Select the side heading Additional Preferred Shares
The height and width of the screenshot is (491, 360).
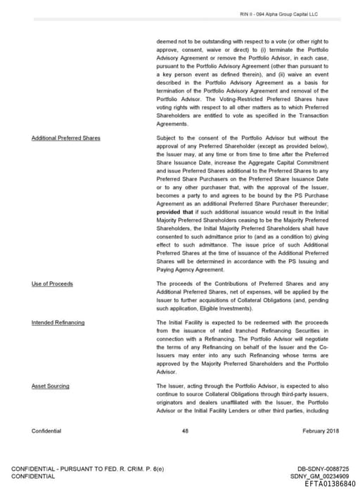click(65, 138)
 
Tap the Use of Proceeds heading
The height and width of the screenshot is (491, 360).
click(52, 284)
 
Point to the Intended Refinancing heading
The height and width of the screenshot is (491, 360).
click(58, 322)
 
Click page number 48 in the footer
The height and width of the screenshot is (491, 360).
click(185, 431)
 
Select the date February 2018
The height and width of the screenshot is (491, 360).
click(310, 431)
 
